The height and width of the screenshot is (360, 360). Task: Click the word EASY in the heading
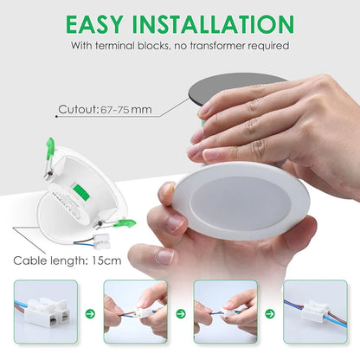point(94,24)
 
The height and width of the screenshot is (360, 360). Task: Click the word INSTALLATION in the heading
point(213,24)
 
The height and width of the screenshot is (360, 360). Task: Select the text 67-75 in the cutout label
point(114,110)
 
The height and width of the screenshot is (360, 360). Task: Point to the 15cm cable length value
point(106,260)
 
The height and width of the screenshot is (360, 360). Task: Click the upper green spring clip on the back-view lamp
point(49,149)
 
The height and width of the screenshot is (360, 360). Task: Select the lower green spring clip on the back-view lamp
point(124,223)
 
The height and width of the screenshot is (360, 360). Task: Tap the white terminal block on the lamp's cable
point(102,241)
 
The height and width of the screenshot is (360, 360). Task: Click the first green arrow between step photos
point(90,313)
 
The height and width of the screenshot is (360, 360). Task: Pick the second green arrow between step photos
point(181,313)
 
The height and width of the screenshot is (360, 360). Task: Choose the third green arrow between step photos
point(270,313)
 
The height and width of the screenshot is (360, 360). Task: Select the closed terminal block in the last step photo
point(315,312)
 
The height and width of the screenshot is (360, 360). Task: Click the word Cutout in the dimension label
point(77,110)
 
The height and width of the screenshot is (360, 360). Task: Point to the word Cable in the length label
point(29,260)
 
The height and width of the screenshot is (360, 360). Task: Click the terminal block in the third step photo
point(228,312)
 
